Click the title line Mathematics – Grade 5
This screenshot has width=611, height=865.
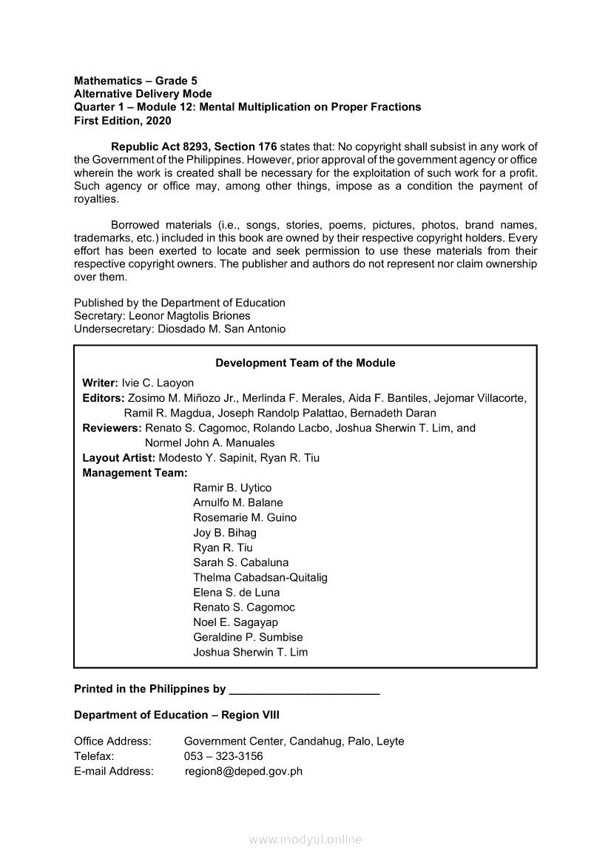click(x=135, y=81)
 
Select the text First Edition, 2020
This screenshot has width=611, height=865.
click(x=122, y=121)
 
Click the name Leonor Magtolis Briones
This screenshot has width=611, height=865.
click(x=189, y=316)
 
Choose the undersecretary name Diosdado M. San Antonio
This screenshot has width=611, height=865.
click(x=221, y=329)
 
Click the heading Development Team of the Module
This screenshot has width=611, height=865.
click(x=305, y=363)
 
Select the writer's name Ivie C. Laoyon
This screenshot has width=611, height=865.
click(x=158, y=383)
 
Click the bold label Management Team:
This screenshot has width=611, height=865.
click(x=135, y=473)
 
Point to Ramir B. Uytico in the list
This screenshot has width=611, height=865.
click(x=232, y=488)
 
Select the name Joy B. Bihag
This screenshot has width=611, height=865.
click(x=225, y=533)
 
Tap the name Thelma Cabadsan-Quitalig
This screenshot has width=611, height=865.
click(x=260, y=577)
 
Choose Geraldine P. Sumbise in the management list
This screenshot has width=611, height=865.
click(x=248, y=637)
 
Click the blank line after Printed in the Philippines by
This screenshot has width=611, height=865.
click(x=305, y=690)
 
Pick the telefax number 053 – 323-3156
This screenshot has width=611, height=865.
click(x=223, y=756)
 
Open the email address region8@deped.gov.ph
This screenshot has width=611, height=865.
click(x=243, y=771)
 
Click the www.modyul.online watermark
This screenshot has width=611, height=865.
click(x=305, y=840)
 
